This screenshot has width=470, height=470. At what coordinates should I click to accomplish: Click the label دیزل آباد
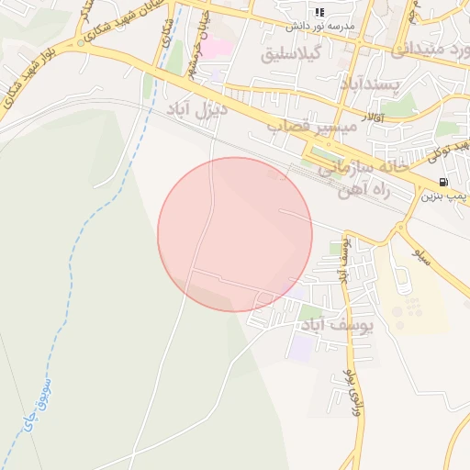click(x=196, y=109)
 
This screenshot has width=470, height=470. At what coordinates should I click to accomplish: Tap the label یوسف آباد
click(x=337, y=325)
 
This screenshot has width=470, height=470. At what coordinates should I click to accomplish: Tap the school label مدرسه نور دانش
click(x=319, y=26)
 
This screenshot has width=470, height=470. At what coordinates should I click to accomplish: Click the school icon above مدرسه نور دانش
click(x=319, y=12)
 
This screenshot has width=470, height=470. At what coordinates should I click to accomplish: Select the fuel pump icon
click(x=444, y=182)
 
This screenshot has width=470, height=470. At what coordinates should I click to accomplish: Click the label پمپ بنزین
click(x=444, y=196)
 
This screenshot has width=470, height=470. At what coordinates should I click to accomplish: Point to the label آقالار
click(x=374, y=118)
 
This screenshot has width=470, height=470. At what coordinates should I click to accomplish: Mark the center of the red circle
click(x=235, y=234)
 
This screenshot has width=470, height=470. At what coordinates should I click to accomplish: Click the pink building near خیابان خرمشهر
click(x=218, y=45)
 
